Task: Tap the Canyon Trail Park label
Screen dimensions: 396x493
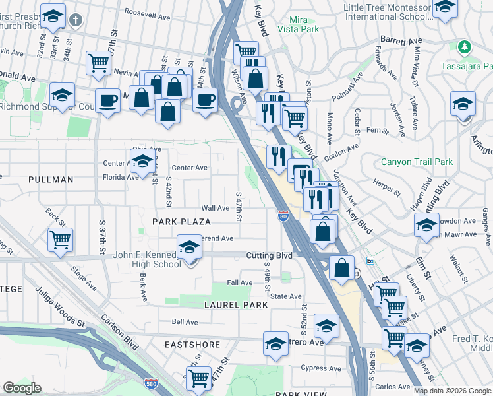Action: (x=417, y=162)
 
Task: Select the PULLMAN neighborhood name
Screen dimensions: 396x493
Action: (x=51, y=180)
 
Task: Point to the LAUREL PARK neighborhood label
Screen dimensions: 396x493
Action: (x=235, y=305)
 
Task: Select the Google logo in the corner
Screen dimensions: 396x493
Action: (x=22, y=388)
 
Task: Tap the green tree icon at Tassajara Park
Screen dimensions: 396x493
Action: (x=465, y=47)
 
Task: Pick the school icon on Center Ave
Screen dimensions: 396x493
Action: (x=142, y=160)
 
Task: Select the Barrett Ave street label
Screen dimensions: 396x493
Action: (x=405, y=41)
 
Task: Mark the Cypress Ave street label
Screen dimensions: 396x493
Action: (x=318, y=368)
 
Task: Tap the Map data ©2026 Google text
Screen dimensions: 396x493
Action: (x=451, y=391)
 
